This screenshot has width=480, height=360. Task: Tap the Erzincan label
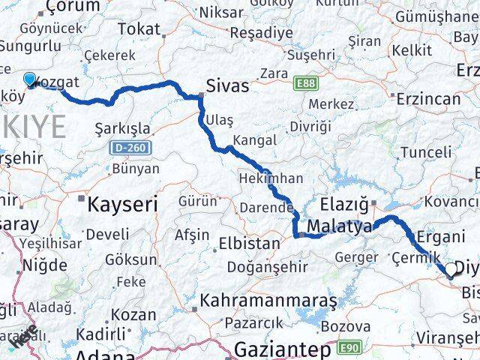429,98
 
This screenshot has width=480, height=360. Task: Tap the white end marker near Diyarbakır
451,271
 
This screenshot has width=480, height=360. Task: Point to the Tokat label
139,29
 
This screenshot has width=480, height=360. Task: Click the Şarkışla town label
123,128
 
